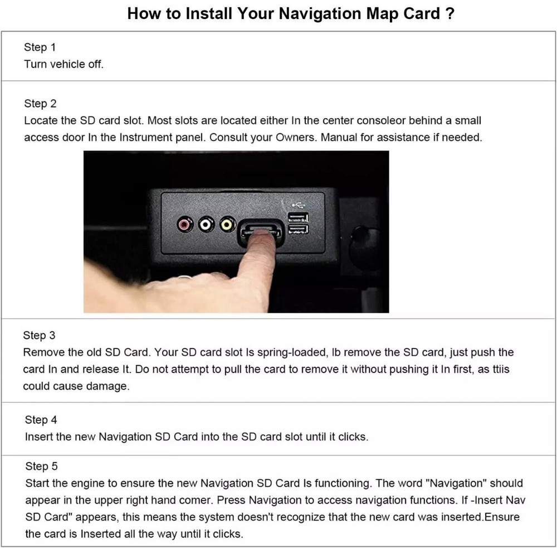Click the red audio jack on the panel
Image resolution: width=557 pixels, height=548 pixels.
185,225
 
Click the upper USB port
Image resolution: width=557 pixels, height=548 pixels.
297,217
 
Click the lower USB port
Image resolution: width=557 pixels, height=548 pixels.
297,230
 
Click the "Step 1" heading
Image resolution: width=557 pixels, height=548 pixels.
40,47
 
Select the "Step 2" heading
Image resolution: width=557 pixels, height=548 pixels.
40,104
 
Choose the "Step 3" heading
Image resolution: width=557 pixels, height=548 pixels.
39,336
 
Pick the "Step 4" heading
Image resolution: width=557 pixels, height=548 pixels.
41,420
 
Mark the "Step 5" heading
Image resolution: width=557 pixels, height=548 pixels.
41,466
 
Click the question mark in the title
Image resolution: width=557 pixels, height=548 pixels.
450,14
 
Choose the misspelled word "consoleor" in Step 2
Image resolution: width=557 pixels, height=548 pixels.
405,120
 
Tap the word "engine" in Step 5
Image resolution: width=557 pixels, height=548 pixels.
87,483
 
